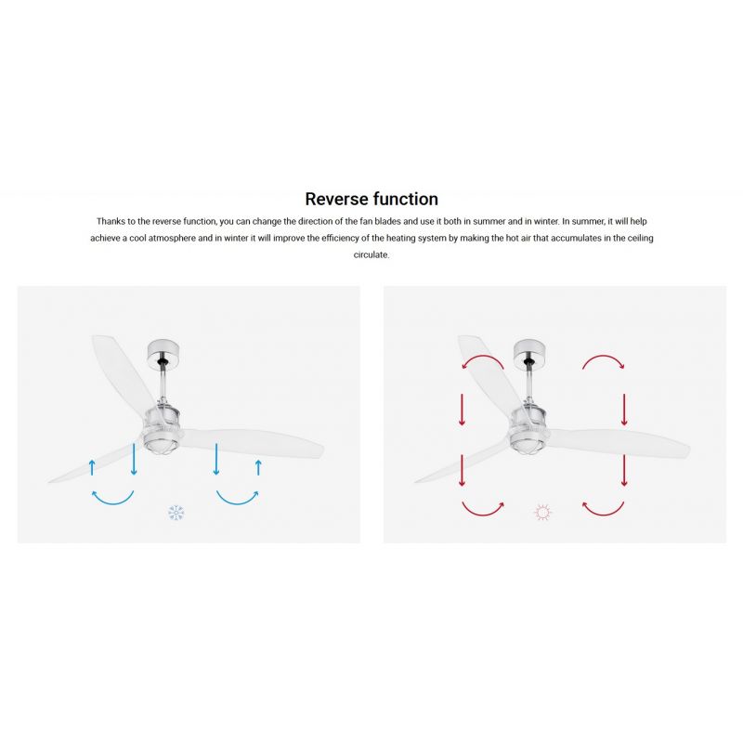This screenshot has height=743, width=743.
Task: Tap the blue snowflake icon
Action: click(x=176, y=513)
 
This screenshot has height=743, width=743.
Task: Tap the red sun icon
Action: click(x=542, y=513)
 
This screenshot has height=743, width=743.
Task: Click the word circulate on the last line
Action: click(x=371, y=254)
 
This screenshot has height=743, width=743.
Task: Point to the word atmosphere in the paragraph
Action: click(x=172, y=239)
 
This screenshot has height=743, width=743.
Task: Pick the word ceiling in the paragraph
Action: click(x=641, y=238)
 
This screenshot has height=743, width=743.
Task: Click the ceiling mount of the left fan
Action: click(x=163, y=352)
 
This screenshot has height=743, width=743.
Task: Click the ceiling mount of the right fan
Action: click(x=529, y=352)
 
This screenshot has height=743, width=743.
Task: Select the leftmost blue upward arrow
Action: click(x=92, y=467)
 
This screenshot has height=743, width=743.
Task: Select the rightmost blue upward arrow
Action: click(x=258, y=467)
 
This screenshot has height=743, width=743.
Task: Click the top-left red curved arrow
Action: click(x=482, y=360)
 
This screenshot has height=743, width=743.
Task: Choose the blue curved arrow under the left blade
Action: click(x=112, y=502)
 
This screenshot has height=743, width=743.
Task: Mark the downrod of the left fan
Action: click(x=164, y=384)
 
